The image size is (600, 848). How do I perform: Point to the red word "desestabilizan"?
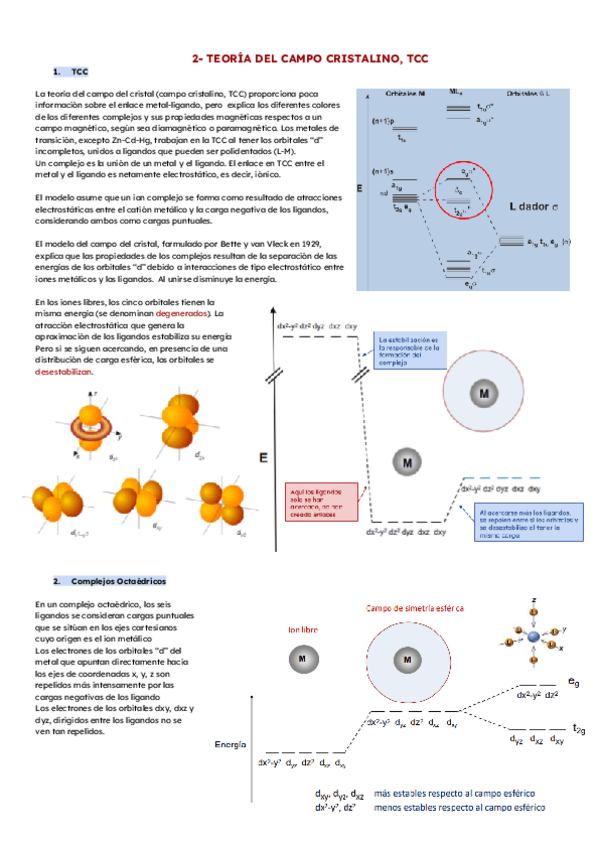tap(63, 370)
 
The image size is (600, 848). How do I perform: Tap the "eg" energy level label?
tap(573, 681)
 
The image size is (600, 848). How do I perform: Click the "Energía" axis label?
tap(231, 744)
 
